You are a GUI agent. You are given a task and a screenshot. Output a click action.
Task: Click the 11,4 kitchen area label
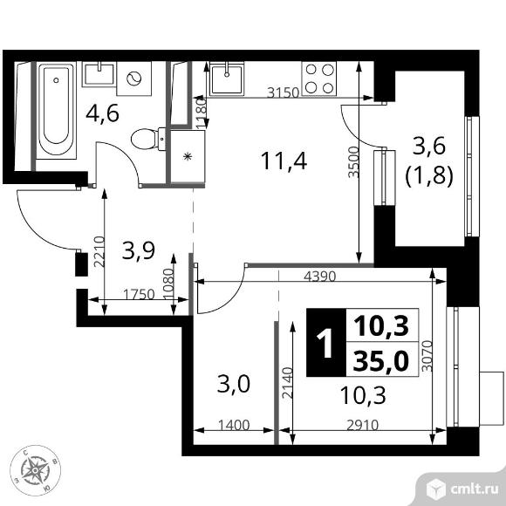277,160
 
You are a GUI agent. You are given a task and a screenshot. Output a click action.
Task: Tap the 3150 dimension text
282,92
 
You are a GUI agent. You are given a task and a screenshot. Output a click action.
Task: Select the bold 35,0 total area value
381,360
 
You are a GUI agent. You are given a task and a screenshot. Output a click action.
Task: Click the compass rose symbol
36,472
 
